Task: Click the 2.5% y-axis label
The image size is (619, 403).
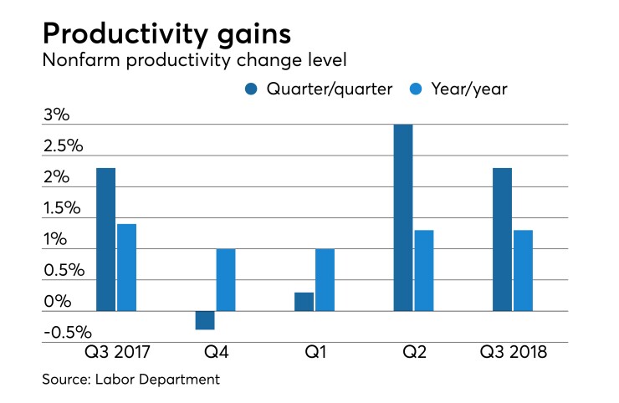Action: (x=64, y=145)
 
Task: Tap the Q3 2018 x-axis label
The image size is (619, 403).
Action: (x=513, y=352)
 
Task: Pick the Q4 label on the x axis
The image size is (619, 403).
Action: (x=215, y=352)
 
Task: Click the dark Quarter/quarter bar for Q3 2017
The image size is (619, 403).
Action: (x=105, y=239)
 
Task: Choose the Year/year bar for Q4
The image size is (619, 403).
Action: (x=226, y=280)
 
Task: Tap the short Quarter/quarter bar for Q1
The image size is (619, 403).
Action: (x=304, y=302)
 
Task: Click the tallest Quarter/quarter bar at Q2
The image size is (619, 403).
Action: (x=403, y=217)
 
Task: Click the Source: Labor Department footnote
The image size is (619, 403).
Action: (x=130, y=380)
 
